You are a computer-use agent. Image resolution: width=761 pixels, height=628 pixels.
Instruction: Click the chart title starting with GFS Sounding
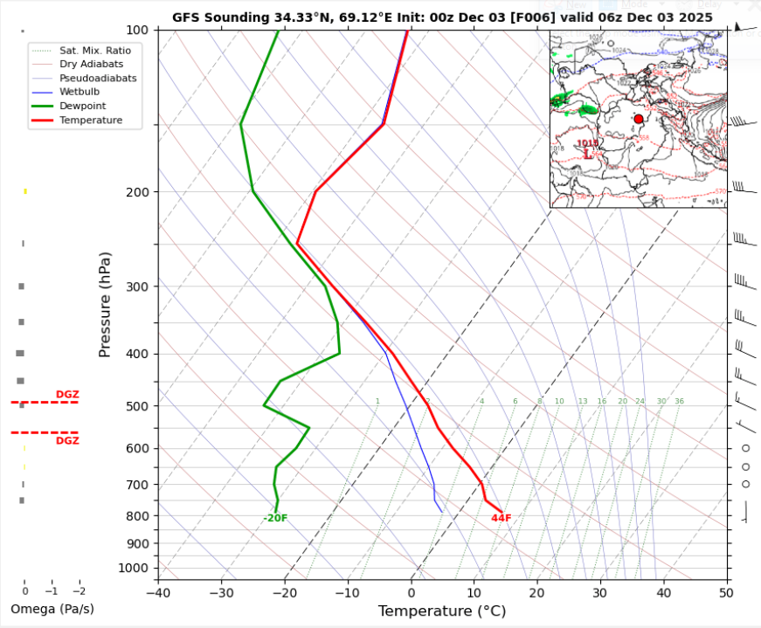[442, 17]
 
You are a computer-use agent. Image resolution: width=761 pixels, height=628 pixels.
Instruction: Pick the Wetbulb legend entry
[80, 92]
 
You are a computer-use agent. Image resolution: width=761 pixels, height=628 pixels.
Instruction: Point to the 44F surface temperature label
[501, 518]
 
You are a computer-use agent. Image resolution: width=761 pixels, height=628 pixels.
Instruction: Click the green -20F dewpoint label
[275, 518]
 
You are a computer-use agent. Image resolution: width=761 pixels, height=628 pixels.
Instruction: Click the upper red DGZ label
[67, 395]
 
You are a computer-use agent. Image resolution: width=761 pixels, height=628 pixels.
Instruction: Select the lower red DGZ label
[67, 441]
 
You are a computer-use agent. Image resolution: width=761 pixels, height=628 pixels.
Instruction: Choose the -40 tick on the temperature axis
[158, 592]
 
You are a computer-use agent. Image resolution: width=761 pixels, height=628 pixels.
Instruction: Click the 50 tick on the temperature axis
[726, 592]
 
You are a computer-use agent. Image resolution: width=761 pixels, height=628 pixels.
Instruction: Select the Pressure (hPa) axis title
[105, 304]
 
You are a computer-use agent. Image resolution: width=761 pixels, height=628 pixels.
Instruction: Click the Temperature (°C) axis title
[442, 611]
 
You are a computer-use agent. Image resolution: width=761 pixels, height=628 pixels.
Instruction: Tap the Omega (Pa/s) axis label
[52, 609]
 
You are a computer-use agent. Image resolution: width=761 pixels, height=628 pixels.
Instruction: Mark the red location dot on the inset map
[639, 119]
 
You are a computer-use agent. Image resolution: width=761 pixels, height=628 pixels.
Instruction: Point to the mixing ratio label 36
[679, 402]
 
